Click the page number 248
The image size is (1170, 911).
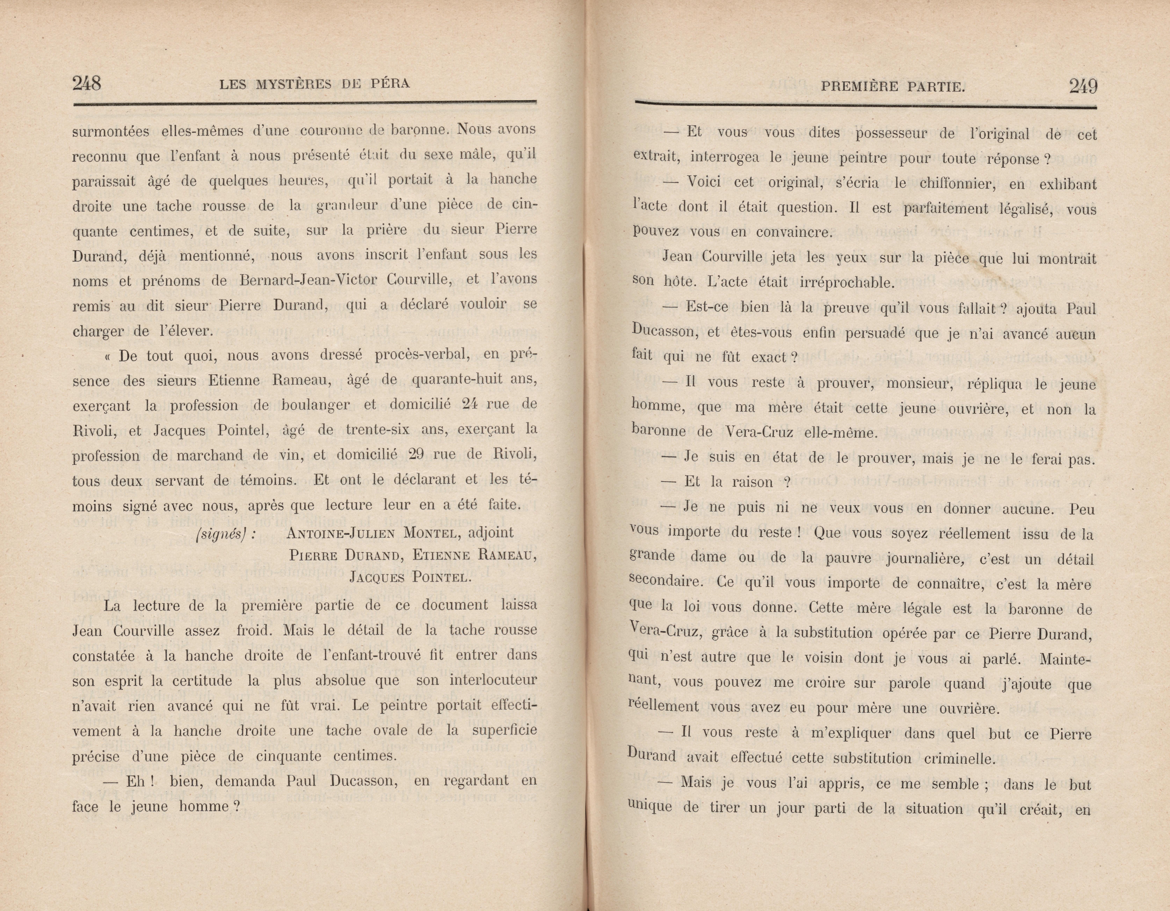(87, 84)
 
